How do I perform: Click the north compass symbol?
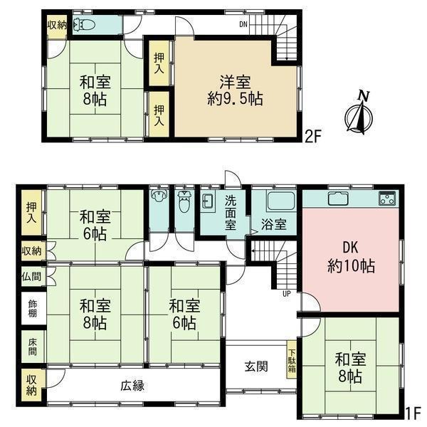click(x=359, y=114)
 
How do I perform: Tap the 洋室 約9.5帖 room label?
click(x=235, y=90)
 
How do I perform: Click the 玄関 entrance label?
click(x=256, y=367)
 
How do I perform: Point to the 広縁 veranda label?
click(x=132, y=386)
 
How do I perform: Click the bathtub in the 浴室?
click(x=281, y=201)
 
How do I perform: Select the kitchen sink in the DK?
click(x=338, y=199)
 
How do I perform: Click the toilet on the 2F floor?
click(x=84, y=26)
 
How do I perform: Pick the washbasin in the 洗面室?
click(x=208, y=199)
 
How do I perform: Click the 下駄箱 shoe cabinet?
click(x=292, y=359)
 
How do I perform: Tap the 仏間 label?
click(x=31, y=277)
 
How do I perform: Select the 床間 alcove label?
click(x=33, y=347)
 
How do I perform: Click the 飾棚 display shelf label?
click(x=33, y=309)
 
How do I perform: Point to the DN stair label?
click(x=243, y=24)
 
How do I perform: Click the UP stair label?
click(x=287, y=293)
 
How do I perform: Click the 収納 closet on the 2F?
click(x=57, y=26)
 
